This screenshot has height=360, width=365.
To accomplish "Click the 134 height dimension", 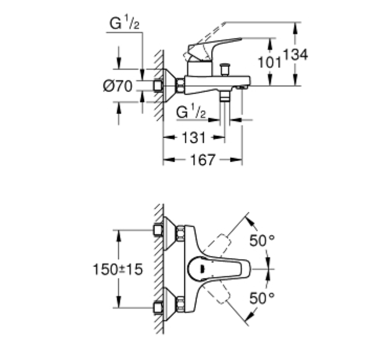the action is pos(296,54).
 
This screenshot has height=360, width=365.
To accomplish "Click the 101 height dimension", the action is pos(270,62).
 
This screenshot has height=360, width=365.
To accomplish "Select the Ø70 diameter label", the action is pos(117,86).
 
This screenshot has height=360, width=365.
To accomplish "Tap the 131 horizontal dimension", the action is pos(194,138).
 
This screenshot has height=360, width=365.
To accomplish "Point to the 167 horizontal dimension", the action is pos(203,160).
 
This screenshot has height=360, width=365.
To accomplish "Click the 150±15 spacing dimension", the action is pos(117,269).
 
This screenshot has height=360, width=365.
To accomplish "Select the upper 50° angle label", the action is pos(262,240).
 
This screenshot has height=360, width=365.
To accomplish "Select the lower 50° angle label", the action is pos(262,298).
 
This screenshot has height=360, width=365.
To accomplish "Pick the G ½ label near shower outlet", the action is pos(191,111).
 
